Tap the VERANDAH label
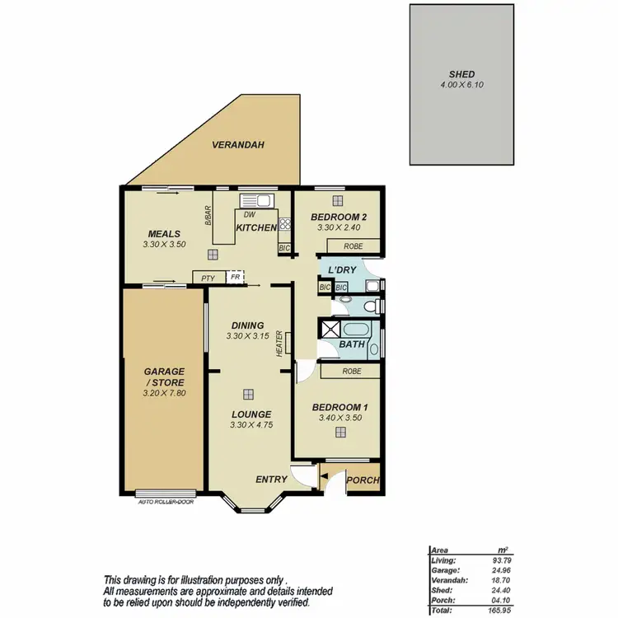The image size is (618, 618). (x=237, y=145)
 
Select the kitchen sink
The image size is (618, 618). (x=255, y=199)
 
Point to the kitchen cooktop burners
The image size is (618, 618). (x=285, y=223)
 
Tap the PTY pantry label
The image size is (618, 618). (x=208, y=279)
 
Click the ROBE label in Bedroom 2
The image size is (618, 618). (x=353, y=246)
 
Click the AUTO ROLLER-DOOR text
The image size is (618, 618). (x=166, y=499)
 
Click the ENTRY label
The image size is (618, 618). (x=271, y=480)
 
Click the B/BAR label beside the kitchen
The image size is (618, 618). (x=208, y=216)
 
